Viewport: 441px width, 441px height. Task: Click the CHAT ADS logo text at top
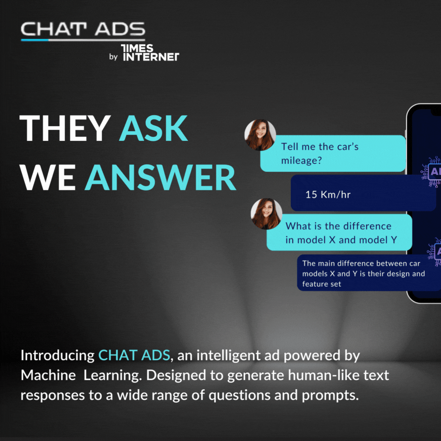pos(83,29)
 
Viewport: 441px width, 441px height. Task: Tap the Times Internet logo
pos(150,53)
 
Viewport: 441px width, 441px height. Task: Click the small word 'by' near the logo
pos(114,57)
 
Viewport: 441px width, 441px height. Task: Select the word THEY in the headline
pos(65,128)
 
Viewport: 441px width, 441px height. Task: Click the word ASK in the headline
pos(153,128)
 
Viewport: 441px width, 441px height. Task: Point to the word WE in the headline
pos(48,178)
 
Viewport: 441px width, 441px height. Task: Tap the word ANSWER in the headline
pos(160,178)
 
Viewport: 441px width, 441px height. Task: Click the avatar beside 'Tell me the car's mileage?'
pos(260,135)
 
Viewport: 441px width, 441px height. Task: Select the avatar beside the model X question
pos(266,214)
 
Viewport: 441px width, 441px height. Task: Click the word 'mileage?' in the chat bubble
pos(301,161)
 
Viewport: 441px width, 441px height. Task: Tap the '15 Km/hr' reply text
pos(328,195)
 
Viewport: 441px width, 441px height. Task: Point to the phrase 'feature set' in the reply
pos(321,284)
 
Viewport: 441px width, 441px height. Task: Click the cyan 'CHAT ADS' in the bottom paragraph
pos(134,355)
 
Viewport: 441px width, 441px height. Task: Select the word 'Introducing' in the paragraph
pos(58,356)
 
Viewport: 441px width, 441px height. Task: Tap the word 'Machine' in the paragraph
pos(48,375)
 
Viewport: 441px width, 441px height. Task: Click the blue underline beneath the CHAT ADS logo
pos(35,40)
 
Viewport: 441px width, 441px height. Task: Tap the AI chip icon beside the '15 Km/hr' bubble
pos(431,171)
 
